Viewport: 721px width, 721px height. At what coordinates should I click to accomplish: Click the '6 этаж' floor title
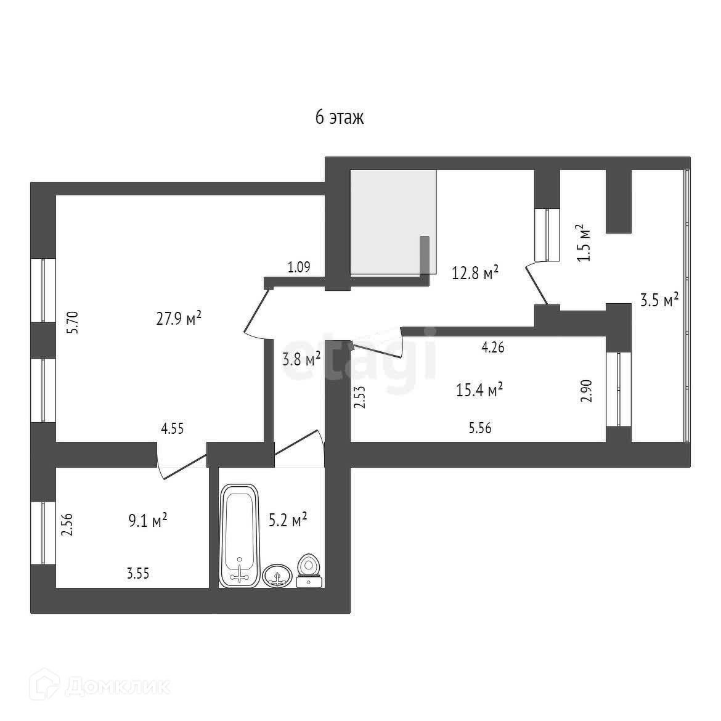click(x=340, y=117)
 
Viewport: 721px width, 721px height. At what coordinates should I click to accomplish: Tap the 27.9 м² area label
click(x=179, y=319)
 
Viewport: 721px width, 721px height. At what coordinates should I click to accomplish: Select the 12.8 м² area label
click(x=475, y=272)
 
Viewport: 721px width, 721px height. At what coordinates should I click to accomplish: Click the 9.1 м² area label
click(x=147, y=521)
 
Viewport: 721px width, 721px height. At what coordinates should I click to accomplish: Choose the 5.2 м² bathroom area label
click(x=288, y=521)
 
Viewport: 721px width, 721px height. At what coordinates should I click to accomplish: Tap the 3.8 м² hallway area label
click(x=301, y=359)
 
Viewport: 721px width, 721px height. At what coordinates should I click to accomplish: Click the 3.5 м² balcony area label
click(x=659, y=300)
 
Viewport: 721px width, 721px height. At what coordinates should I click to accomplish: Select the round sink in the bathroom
click(x=278, y=576)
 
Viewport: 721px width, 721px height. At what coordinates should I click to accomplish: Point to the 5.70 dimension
click(x=73, y=322)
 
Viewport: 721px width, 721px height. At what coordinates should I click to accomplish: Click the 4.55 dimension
click(x=172, y=429)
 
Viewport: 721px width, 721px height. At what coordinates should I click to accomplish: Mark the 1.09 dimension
click(x=298, y=267)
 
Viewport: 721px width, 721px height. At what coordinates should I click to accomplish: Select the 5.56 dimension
click(x=480, y=428)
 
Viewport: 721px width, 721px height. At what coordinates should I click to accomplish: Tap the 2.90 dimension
click(x=587, y=391)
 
